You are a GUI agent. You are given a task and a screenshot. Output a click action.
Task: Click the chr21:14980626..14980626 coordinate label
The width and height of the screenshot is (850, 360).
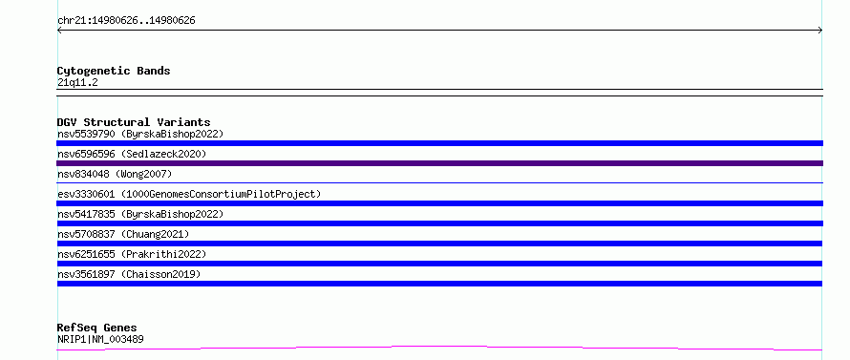click(126, 21)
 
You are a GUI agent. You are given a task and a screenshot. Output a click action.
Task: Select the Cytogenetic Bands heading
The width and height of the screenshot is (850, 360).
click(114, 71)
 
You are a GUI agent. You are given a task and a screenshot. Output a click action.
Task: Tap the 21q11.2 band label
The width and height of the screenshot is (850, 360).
click(77, 83)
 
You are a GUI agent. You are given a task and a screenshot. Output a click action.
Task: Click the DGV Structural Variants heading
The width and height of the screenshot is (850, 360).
click(134, 122)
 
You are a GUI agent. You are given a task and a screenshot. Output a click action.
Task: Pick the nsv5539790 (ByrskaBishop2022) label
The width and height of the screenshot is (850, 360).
click(140, 134)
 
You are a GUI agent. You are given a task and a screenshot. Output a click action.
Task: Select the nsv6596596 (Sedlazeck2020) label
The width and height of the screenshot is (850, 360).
click(132, 154)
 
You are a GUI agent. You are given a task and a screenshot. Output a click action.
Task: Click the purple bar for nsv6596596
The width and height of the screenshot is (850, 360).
click(439, 163)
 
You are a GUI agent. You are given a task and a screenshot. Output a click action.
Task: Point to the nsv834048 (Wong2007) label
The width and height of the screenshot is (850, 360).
click(115, 174)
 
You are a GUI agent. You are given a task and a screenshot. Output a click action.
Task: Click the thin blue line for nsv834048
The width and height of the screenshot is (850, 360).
click(439, 182)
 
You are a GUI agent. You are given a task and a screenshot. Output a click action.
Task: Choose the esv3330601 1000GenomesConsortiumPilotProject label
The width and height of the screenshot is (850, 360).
click(189, 194)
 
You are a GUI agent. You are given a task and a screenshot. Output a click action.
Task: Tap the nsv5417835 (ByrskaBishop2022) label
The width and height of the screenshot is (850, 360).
click(140, 214)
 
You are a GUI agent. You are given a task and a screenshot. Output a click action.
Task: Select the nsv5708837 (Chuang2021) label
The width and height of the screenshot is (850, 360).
click(123, 234)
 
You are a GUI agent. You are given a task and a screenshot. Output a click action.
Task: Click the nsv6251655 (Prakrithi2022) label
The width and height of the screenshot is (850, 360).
click(132, 254)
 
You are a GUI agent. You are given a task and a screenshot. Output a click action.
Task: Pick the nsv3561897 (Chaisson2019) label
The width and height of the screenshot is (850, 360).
click(129, 274)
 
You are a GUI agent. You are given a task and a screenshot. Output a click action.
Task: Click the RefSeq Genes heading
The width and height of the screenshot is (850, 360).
click(97, 328)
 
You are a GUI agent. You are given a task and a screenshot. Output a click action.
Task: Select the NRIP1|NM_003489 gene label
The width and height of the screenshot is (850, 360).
click(100, 339)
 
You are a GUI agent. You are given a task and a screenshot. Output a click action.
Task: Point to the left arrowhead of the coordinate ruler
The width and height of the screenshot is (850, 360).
click(58, 31)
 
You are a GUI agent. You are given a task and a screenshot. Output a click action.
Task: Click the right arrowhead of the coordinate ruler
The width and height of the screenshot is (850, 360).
click(821, 31)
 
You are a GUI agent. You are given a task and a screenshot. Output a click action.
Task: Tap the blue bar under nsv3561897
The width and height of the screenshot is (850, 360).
click(439, 284)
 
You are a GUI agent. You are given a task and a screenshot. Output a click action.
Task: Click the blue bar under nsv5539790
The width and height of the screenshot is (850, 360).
click(439, 143)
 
